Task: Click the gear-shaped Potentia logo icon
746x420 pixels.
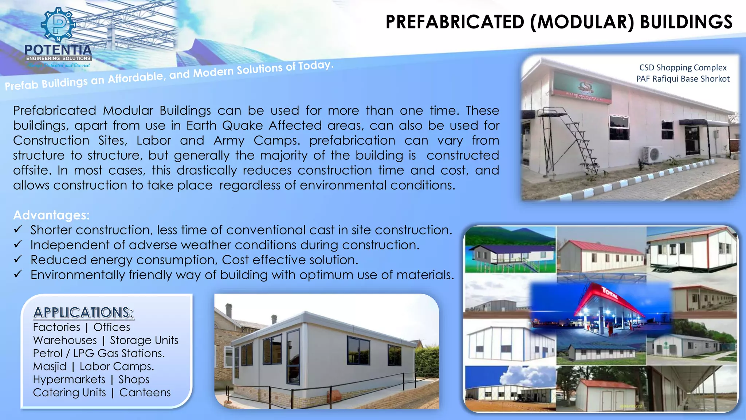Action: [x=58, y=25]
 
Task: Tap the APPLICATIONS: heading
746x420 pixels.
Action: [x=83, y=312]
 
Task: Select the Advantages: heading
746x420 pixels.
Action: [x=51, y=215]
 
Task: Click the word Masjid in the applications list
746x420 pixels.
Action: [x=50, y=366]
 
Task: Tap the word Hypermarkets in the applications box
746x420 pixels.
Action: [x=69, y=380]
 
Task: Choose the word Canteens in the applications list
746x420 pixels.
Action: [x=145, y=393]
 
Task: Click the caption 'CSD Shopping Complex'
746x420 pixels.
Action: [x=683, y=67]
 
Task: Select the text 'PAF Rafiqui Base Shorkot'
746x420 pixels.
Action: [x=683, y=79]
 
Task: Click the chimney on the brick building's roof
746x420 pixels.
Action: [x=229, y=310]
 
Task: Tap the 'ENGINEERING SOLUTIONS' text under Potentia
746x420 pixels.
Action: [x=58, y=58]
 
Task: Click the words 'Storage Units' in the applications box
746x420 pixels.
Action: [x=144, y=340]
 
